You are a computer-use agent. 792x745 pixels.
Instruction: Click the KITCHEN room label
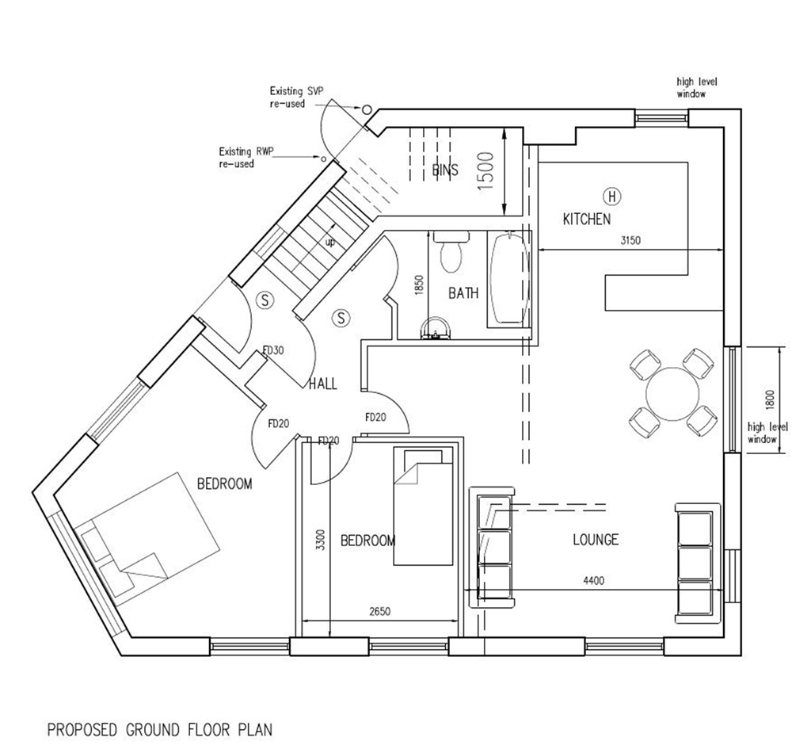point(586,219)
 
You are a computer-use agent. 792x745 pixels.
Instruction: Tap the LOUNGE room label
point(596,540)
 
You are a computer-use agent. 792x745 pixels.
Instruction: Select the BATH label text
point(463,293)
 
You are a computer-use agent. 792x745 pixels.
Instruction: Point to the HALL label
point(323,384)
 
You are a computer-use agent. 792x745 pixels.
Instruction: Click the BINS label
point(445,170)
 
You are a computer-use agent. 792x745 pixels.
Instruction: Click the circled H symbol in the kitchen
point(612,196)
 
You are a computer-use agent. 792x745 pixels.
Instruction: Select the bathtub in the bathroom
point(509,278)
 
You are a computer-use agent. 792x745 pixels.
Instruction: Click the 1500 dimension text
point(485,171)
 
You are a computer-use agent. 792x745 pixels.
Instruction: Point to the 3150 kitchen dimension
point(630,241)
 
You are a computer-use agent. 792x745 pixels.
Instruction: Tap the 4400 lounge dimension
point(594,581)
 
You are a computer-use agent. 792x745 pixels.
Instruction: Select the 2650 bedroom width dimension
point(380,612)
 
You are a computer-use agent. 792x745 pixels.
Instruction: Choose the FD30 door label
point(273,350)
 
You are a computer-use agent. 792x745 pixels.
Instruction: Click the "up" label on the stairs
point(329,243)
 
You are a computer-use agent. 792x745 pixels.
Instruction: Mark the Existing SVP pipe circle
point(367,109)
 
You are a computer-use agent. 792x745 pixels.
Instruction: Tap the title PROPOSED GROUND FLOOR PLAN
point(160,730)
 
